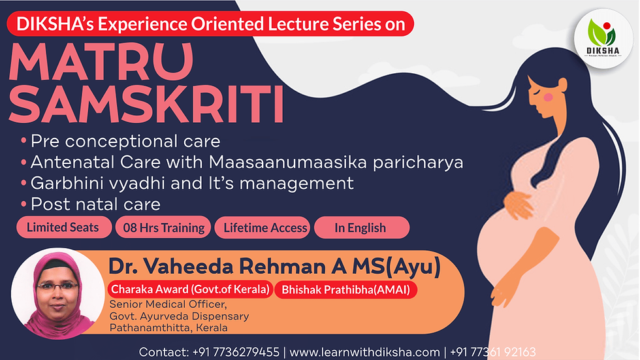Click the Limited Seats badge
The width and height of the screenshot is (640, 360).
(x=63, y=227)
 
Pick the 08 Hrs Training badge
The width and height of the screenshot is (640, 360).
(x=163, y=228)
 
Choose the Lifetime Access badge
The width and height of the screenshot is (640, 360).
(x=265, y=228)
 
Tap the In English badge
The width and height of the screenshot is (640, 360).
(x=360, y=228)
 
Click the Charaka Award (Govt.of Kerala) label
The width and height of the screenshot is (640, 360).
(x=190, y=289)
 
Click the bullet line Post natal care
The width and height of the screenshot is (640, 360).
(x=95, y=203)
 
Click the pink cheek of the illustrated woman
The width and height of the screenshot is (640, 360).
(x=549, y=97)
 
